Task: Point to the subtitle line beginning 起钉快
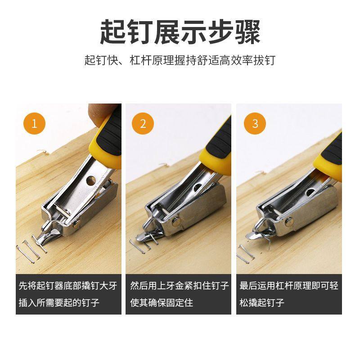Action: tap(180, 60)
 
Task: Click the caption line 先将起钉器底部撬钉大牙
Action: tap(68, 285)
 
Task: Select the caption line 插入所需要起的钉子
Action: tap(59, 302)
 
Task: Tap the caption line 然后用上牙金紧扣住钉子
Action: tap(179, 285)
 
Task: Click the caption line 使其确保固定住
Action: tap(162, 302)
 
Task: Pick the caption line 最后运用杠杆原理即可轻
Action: tap(288, 285)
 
